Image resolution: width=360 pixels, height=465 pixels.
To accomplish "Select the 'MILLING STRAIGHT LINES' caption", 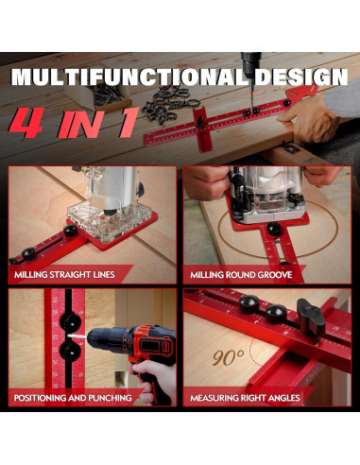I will click(64, 275).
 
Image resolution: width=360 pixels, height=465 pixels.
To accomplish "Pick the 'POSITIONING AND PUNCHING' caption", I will click(73, 398).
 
